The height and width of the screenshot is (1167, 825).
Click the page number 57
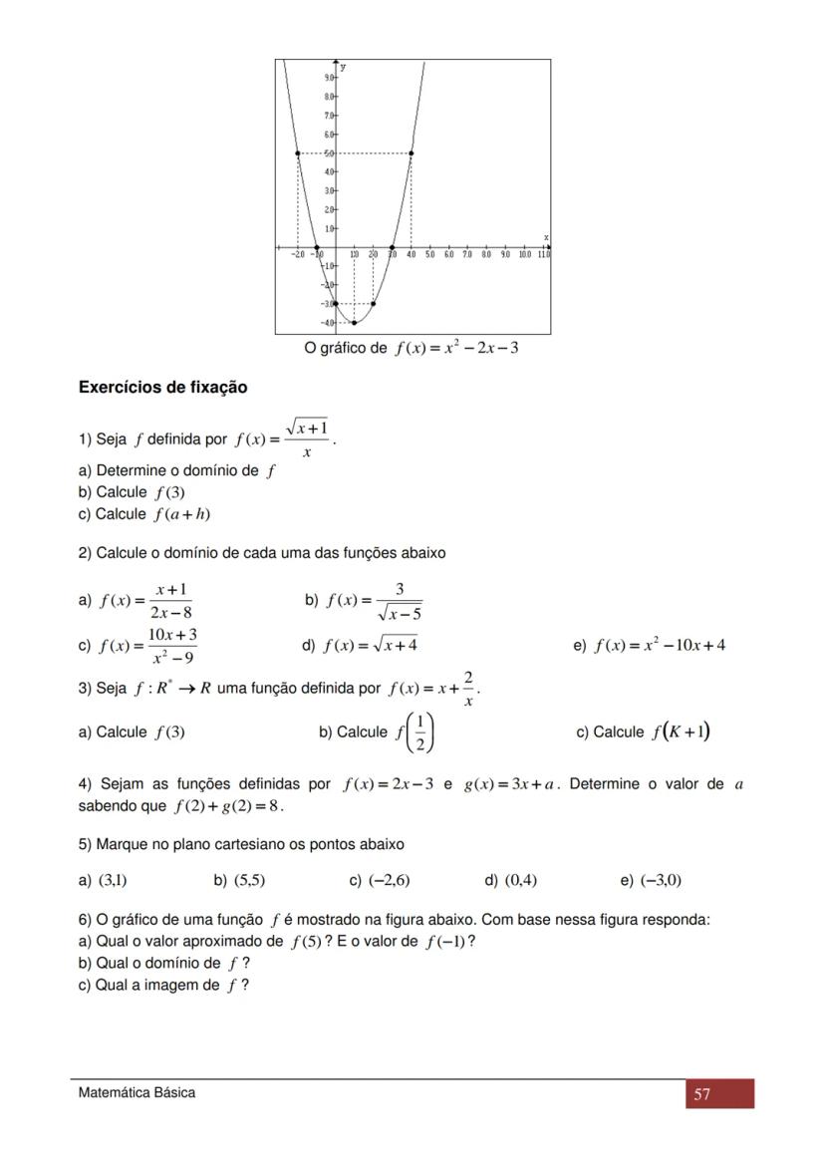pos(702,1094)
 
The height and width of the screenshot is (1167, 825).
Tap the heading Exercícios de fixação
pos(163,388)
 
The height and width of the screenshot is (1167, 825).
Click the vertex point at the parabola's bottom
pos(355,323)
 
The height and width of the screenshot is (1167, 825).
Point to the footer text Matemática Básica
pos(137,1093)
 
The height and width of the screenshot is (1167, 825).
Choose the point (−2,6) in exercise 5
pos(389,880)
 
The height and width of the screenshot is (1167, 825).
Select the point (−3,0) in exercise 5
pos(661,880)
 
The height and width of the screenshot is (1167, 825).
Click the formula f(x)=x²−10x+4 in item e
pos(660,645)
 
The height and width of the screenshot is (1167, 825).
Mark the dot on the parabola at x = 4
pos(412,152)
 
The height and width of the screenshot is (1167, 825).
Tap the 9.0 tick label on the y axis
pos(330,77)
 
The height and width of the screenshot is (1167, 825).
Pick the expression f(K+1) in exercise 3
pos(681,731)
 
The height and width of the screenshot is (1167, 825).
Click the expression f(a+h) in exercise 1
pos(181,514)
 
